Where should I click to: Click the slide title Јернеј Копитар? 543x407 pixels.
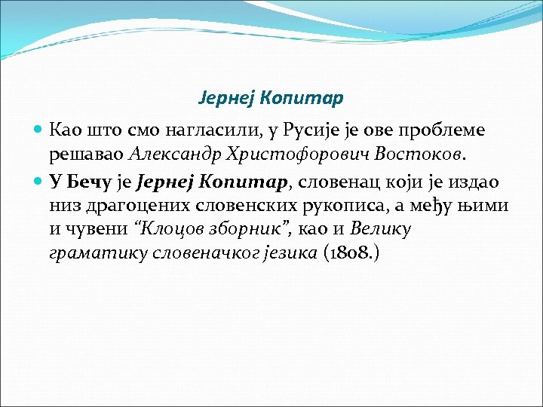tap(271, 98)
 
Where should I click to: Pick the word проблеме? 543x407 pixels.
tap(444, 130)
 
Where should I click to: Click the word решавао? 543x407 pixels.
tap(88, 155)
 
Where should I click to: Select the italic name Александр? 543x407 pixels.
tap(176, 155)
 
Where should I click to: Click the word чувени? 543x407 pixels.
tap(93, 230)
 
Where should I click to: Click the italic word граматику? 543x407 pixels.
tap(92, 254)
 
